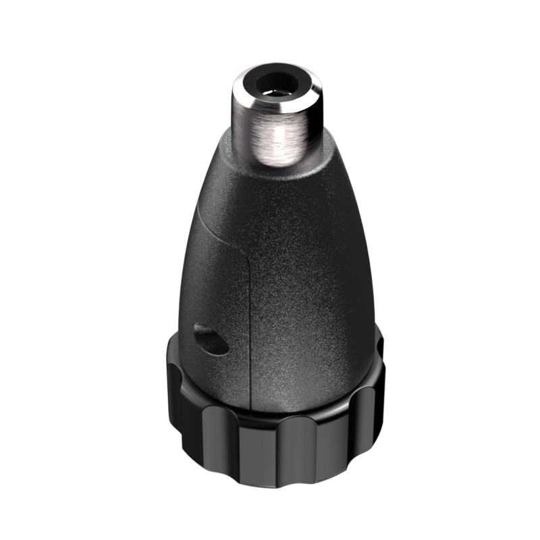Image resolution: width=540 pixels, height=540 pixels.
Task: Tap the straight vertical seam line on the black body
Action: [250, 324]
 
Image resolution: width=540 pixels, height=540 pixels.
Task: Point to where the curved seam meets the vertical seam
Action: [249, 260]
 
